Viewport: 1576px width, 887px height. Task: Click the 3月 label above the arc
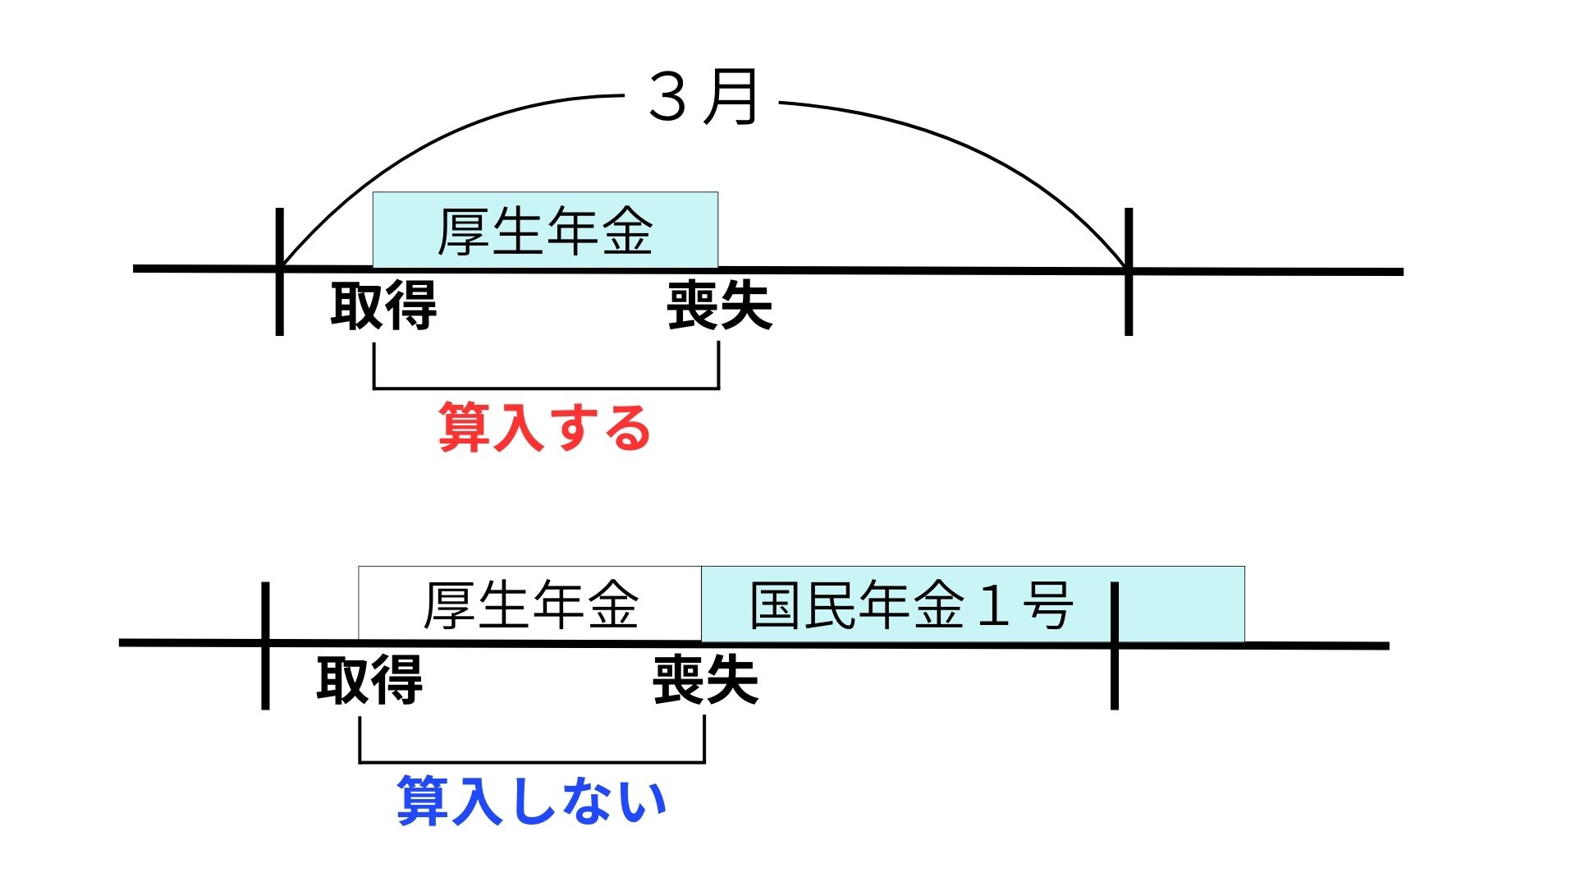pyautogui.click(x=703, y=98)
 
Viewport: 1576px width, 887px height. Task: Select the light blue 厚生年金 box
pyautogui.click(x=545, y=230)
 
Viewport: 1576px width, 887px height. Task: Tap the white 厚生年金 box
pyautogui.click(x=530, y=604)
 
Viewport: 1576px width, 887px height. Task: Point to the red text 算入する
pyautogui.click(x=544, y=427)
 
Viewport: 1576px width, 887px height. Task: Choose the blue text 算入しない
pyautogui.click(x=531, y=801)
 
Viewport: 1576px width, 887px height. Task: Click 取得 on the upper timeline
pyautogui.click(x=383, y=306)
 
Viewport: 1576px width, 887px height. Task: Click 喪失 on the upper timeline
pyautogui.click(x=719, y=306)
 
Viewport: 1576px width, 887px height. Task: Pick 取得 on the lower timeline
pyautogui.click(x=369, y=680)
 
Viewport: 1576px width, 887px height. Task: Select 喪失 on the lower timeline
pyautogui.click(x=705, y=680)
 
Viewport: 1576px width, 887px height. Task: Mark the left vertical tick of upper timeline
pyautogui.click(x=280, y=271)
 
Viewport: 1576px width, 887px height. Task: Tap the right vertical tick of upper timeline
pyautogui.click(x=1129, y=271)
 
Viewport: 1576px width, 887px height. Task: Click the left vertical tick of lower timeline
pyautogui.click(x=265, y=646)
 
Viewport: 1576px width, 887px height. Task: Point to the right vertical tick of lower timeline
pyautogui.click(x=1114, y=646)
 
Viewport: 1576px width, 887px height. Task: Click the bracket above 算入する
pyautogui.click(x=546, y=388)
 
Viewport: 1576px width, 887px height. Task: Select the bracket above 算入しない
pyautogui.click(x=532, y=762)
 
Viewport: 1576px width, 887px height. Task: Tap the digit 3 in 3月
pyautogui.click(x=667, y=98)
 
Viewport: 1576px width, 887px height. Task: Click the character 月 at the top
pyautogui.click(x=732, y=98)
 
